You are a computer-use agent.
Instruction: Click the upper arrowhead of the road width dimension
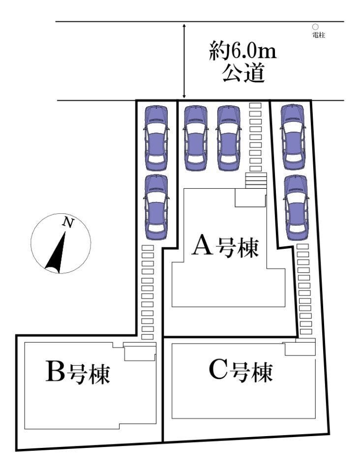pos(184,25)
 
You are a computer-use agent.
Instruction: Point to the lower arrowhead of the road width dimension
pos(184,97)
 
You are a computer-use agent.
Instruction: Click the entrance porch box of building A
pos(250,199)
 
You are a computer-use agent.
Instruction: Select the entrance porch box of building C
pos(300,349)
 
